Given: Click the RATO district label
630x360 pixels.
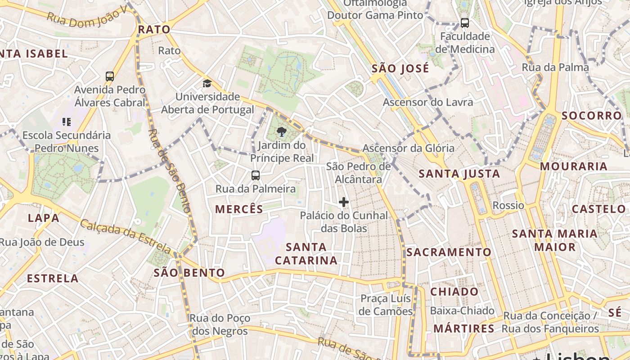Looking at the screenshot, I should [154, 30].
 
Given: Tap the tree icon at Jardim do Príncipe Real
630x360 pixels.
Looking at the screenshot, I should [282, 132].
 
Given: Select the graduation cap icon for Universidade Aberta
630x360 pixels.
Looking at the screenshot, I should [207, 83].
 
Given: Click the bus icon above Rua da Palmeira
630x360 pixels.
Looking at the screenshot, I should [255, 175].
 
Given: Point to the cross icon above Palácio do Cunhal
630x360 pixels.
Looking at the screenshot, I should [344, 202].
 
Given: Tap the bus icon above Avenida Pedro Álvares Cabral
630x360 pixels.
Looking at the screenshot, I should [110, 76].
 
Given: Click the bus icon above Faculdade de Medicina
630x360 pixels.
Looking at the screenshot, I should [465, 22].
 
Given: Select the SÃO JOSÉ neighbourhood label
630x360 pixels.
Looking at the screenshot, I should [400, 69].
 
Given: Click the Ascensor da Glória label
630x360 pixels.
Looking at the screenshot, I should [408, 148].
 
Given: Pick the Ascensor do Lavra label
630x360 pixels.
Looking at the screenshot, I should [427, 102].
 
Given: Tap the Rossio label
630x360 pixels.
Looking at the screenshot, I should [508, 206].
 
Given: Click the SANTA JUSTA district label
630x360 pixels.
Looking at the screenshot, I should [459, 174].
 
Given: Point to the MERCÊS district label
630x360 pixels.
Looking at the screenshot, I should [239, 209].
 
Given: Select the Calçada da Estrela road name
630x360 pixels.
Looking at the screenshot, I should [126, 236].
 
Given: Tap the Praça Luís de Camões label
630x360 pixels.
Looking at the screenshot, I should [386, 305].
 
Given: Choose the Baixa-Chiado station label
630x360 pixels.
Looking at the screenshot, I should [462, 311].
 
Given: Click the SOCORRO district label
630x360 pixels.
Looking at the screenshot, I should [591, 116].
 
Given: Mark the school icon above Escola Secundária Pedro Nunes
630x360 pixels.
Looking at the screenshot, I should [67, 121].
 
